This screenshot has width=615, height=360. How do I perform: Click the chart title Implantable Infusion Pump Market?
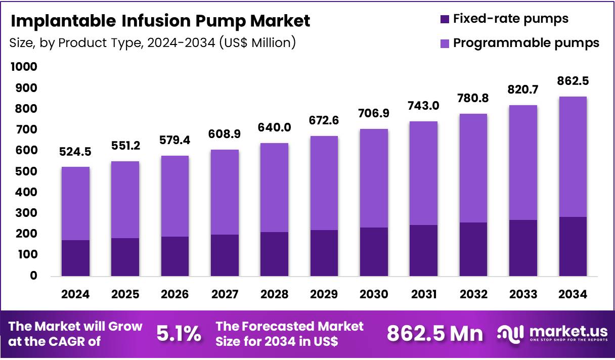tap(160, 21)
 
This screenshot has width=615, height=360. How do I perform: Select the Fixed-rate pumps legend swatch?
tap(445, 19)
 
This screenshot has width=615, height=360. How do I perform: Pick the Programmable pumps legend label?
tap(526, 43)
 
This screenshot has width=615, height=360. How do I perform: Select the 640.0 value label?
tap(274, 127)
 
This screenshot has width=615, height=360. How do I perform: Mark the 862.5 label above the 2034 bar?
tap(573, 81)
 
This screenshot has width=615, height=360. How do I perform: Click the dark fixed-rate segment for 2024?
tap(75, 258)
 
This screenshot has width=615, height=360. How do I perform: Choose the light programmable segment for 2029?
tap(324, 183)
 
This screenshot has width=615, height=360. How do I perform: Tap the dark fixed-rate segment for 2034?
tap(573, 246)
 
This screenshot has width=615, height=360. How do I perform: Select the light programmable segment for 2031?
tap(423, 173)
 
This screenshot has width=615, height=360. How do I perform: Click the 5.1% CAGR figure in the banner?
tap(179, 334)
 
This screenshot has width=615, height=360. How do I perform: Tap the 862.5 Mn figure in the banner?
tap(435, 334)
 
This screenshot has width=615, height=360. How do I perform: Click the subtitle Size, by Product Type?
tap(152, 43)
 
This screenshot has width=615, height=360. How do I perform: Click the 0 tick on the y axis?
tap(33, 276)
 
